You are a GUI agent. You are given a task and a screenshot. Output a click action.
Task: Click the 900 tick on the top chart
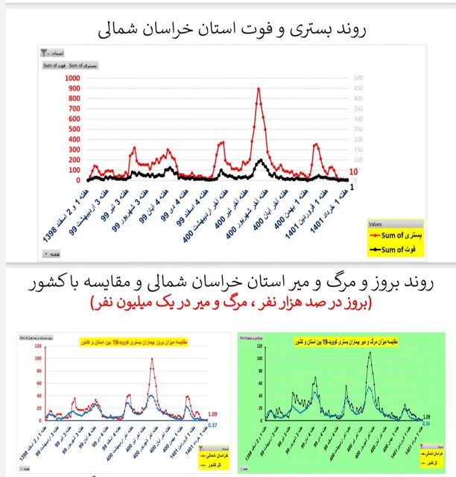click(75, 89)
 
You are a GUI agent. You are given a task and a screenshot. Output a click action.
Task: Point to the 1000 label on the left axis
click(73, 78)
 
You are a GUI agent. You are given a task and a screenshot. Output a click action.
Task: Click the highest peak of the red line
click(259, 89)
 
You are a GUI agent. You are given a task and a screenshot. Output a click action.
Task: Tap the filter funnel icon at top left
click(46, 54)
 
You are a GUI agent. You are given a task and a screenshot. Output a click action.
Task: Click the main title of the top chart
click(228, 30)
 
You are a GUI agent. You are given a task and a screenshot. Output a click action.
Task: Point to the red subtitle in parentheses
click(228, 303)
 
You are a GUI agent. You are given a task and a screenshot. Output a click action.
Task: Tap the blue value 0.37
click(212, 424)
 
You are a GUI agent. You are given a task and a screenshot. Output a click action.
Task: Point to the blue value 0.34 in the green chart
click(426, 422)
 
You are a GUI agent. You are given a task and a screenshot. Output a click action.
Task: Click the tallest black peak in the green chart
click(369, 352)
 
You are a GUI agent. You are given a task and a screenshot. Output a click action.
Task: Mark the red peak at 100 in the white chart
click(152, 358)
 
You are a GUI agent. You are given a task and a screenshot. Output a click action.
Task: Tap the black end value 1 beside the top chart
click(351, 186)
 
